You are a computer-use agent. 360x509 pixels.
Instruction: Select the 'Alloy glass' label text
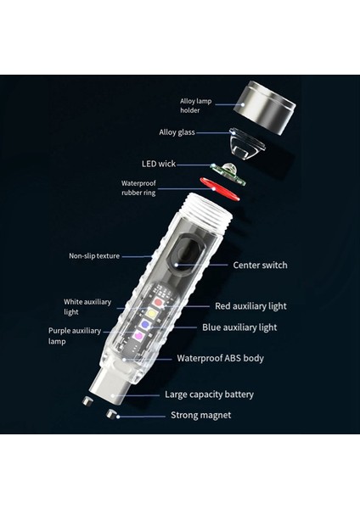coord(178,132)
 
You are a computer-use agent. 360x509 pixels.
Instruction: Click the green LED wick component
coord(228,174)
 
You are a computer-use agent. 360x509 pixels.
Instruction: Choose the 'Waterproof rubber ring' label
coord(139,187)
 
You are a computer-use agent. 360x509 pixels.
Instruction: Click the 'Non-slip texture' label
coord(94,255)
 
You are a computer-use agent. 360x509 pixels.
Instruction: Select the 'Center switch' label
coord(260,265)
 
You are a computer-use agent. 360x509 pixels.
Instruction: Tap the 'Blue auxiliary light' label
coord(239,327)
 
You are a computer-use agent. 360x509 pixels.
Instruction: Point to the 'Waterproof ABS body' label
coord(220,358)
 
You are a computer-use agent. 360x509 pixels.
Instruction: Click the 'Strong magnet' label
coord(200,415)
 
